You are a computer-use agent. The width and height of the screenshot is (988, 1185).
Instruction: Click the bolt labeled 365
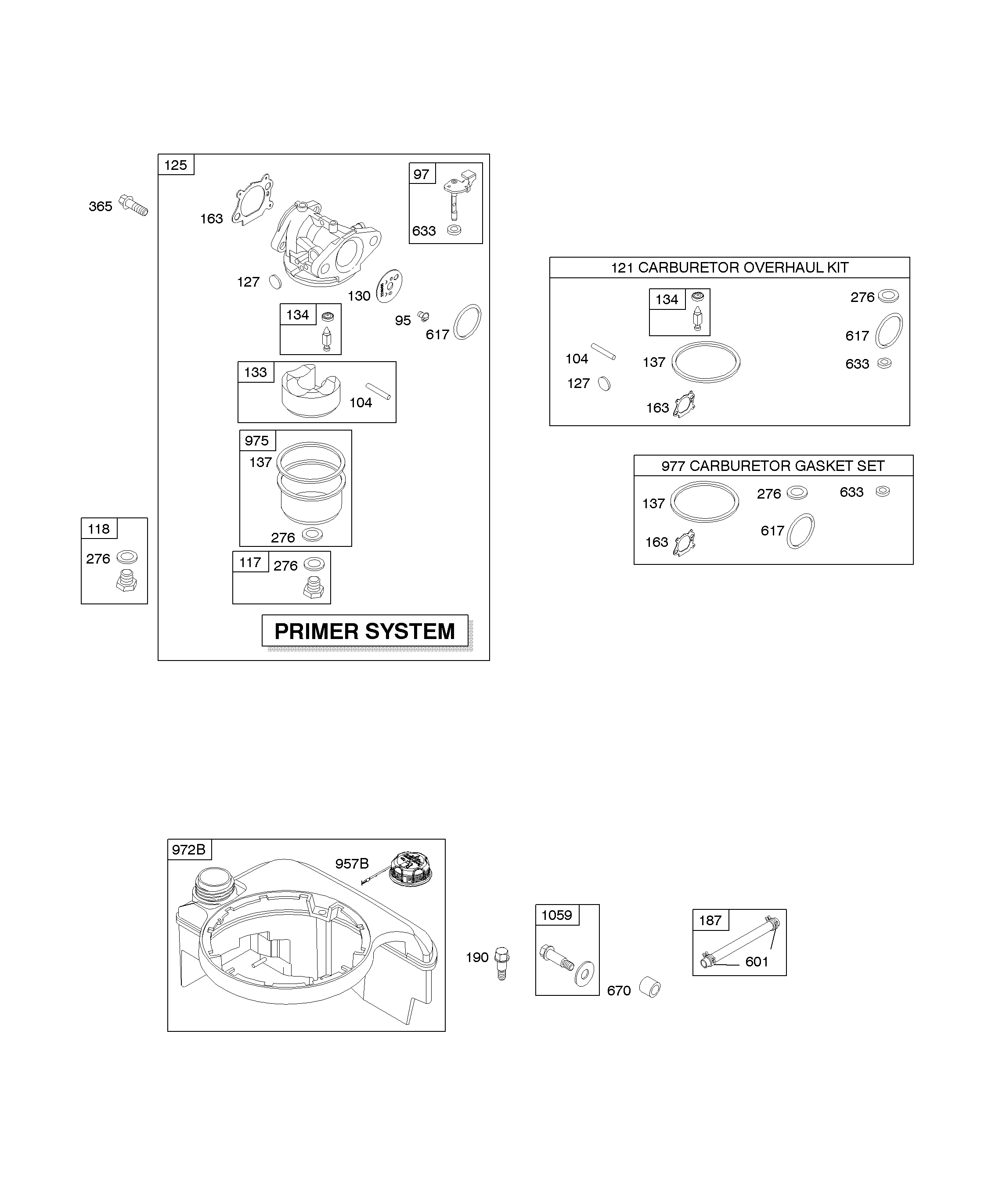(x=133, y=205)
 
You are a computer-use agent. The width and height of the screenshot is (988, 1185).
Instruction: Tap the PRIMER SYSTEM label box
(x=365, y=630)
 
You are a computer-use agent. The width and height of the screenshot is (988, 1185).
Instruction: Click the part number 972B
(x=188, y=849)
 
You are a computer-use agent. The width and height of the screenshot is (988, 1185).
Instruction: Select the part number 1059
(x=557, y=915)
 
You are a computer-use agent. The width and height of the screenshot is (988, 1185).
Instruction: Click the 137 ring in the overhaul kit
(x=706, y=362)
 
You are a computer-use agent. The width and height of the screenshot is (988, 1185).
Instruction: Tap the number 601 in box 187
(x=757, y=962)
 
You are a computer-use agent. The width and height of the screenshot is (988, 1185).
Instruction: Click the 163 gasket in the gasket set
(x=684, y=544)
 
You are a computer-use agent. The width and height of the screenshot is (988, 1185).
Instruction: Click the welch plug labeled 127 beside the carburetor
(x=275, y=282)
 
